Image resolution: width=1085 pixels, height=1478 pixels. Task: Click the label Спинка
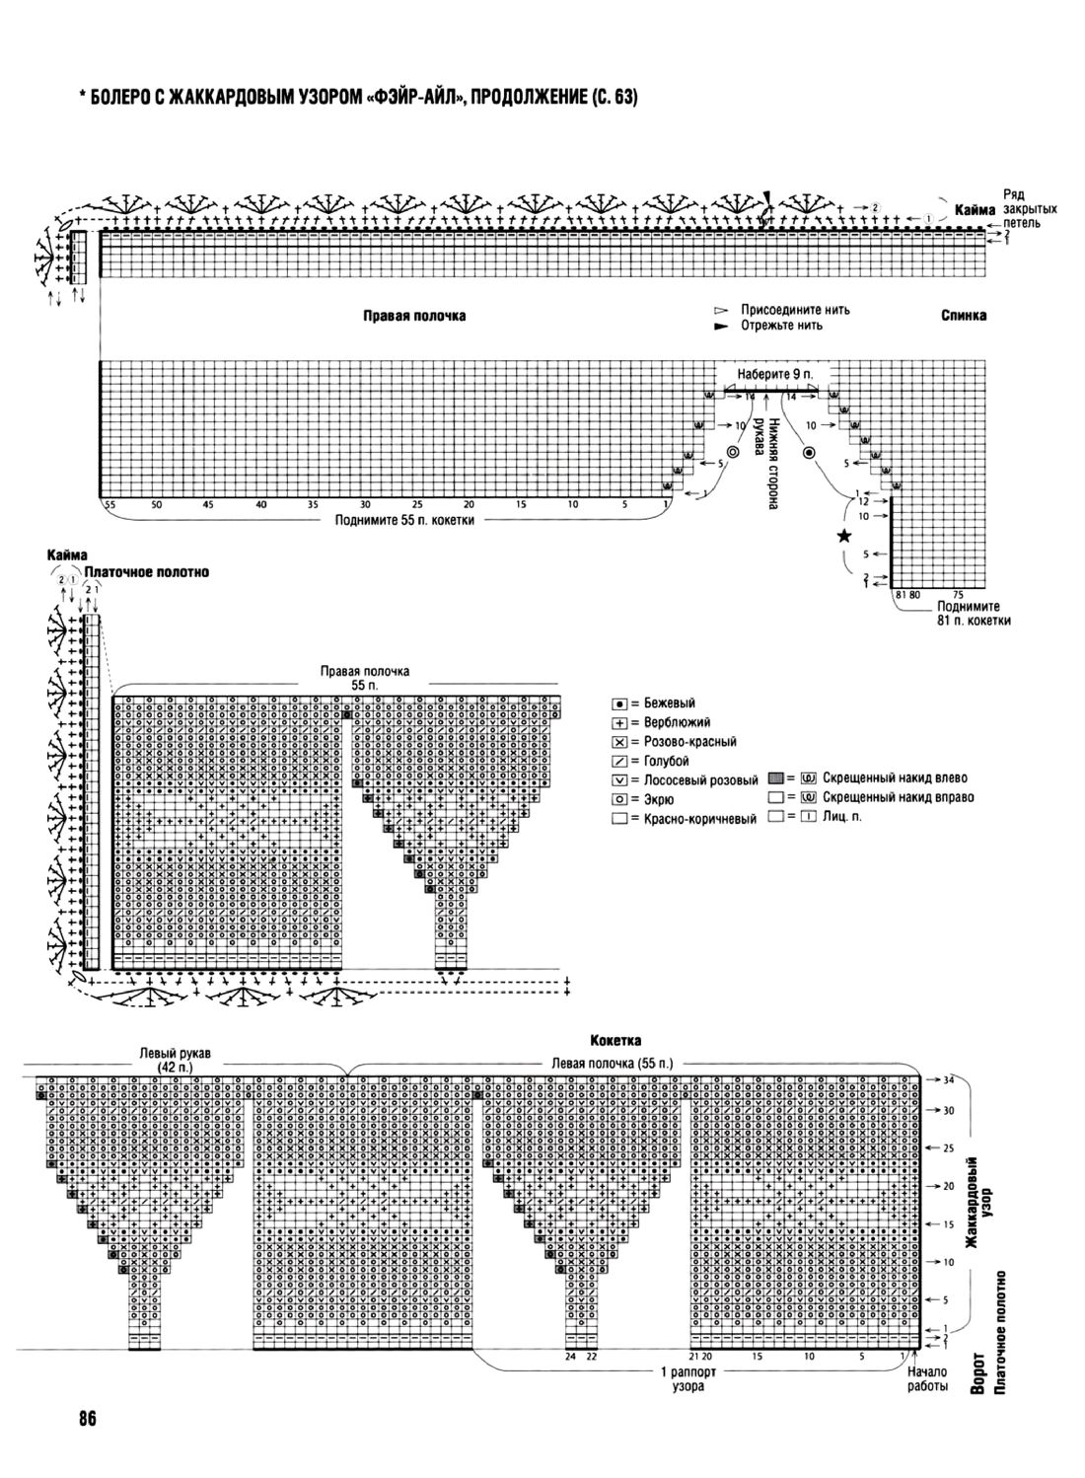(x=963, y=316)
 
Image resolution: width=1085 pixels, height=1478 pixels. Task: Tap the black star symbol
(x=843, y=536)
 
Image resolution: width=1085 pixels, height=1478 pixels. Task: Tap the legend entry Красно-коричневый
(x=691, y=819)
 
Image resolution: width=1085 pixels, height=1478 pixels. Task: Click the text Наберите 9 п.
(x=772, y=376)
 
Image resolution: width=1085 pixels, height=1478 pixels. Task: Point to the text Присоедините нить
(x=795, y=310)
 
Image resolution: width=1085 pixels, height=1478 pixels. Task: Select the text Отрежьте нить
(x=781, y=325)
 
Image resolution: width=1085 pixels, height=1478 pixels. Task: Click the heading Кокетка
(x=615, y=1040)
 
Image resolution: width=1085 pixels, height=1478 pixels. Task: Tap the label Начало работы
(x=926, y=1378)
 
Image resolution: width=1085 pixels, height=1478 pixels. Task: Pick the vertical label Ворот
(x=977, y=1372)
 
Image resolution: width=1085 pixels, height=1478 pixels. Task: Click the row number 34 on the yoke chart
(x=948, y=1080)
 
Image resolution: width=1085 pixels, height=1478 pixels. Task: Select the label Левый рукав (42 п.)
(x=179, y=1061)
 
